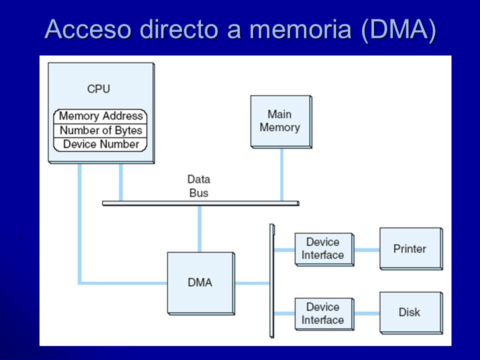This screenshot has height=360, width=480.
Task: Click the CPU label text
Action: (98, 89)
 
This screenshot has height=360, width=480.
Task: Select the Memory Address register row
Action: (100, 116)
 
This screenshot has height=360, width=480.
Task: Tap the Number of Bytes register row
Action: (100, 130)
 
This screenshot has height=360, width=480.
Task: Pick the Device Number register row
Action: (100, 144)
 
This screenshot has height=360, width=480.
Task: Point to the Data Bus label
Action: (198, 186)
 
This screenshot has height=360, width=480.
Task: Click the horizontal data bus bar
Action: (201, 203)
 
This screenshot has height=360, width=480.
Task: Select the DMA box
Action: (201, 283)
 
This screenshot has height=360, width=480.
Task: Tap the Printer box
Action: (411, 249)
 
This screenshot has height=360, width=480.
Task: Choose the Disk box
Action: (411, 312)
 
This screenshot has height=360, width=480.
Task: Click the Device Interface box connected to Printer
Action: (324, 249)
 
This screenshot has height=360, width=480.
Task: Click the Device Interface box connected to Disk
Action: (324, 314)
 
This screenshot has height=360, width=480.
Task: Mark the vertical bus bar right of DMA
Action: (272, 281)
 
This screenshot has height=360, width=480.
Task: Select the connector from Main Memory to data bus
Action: (281, 175)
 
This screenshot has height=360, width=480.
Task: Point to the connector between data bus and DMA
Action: (199, 229)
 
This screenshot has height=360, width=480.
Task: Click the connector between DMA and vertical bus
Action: (252, 283)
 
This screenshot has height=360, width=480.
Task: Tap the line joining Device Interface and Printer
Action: (367, 250)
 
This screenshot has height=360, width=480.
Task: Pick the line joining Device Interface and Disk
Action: (367, 313)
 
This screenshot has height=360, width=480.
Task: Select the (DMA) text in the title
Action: (398, 29)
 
